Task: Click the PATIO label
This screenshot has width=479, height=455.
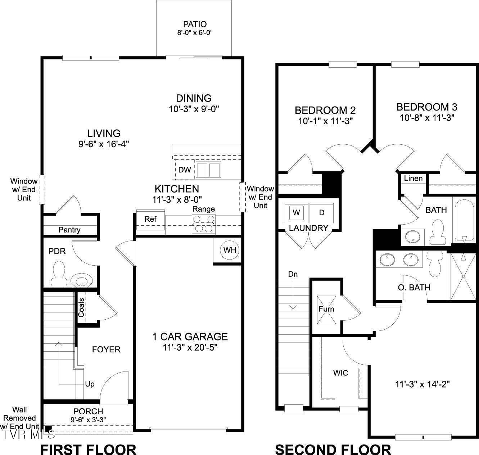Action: click(195, 24)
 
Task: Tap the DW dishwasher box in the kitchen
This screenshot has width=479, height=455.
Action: click(185, 170)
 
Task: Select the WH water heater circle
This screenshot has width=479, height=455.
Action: click(230, 250)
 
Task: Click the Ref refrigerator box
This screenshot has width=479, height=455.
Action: click(150, 219)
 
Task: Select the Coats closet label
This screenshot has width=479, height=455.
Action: click(82, 307)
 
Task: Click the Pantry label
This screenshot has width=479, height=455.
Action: click(69, 230)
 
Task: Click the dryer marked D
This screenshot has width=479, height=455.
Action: click(322, 212)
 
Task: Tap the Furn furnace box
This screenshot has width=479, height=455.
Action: click(326, 309)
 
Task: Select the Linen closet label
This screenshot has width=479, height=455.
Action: click(413, 178)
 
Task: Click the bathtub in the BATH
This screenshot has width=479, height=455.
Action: click(464, 220)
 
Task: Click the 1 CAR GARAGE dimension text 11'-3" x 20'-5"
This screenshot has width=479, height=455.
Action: click(190, 347)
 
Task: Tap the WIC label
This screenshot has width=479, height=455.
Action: click(340, 373)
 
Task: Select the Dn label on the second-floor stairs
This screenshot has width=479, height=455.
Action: click(293, 274)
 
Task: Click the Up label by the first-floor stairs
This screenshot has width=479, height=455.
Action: click(90, 384)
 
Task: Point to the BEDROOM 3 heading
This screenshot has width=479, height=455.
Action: click(427, 107)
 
